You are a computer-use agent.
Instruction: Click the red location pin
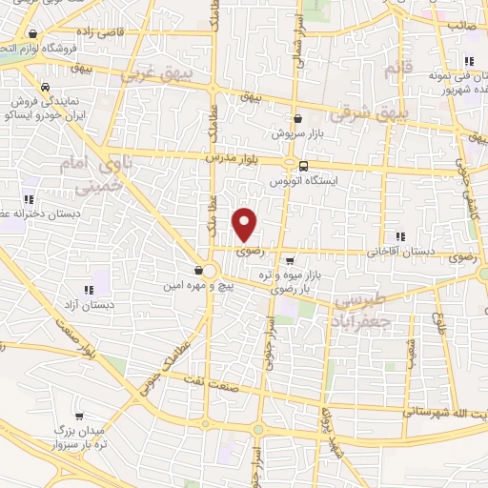point(245,224)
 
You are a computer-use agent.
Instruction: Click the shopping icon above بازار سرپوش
point(299,118)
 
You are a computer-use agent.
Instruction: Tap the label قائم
point(391,71)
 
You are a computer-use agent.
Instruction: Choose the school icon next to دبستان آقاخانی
point(399,236)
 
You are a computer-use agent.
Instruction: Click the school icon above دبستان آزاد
point(88,290)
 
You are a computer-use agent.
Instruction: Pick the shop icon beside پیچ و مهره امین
point(198,270)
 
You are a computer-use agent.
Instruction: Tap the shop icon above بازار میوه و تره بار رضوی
point(290,259)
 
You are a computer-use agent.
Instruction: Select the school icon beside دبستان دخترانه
point(28,200)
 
